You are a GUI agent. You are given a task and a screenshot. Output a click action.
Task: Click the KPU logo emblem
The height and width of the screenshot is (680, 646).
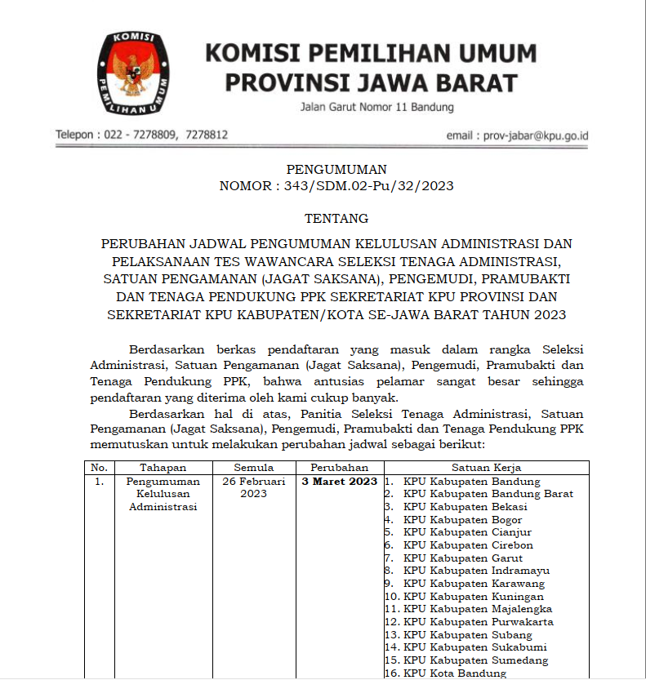(x=135, y=73)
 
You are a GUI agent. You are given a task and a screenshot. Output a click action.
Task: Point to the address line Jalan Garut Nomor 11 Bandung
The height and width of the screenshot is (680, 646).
(x=376, y=107)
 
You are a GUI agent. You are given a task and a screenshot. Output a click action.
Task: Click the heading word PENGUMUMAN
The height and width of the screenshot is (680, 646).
(x=336, y=170)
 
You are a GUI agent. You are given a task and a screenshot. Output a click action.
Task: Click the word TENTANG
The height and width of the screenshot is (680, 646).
(x=336, y=219)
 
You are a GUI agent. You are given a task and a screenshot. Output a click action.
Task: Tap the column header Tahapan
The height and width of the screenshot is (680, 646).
(x=163, y=468)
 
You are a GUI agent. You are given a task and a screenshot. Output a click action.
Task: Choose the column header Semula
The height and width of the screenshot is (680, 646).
(x=254, y=468)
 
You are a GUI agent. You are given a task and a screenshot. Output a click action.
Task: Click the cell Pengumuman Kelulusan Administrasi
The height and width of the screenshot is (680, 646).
(x=163, y=494)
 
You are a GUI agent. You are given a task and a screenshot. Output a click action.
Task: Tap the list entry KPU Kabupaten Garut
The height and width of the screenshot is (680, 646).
(x=462, y=558)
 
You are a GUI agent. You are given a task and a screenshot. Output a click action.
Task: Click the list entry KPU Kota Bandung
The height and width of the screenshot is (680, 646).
(x=454, y=673)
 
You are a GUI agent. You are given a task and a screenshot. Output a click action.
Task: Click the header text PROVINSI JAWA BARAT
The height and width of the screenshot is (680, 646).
(x=370, y=83)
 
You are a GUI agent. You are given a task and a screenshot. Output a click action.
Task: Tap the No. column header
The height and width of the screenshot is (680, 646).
(x=100, y=468)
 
